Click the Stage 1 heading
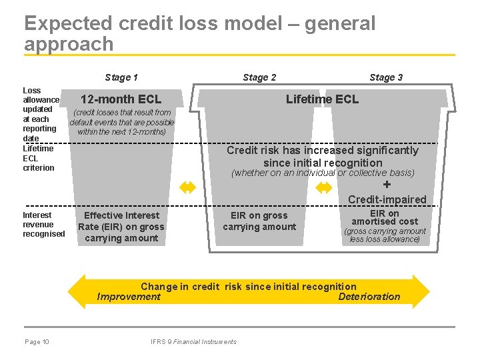[x=121, y=77]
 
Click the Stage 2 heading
[x=259, y=77]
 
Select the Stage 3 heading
[x=386, y=77]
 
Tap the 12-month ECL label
[x=121, y=100]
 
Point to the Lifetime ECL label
[x=322, y=99]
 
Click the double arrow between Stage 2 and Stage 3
[x=323, y=187]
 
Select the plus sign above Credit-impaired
[x=387, y=185]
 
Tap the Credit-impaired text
[x=387, y=199]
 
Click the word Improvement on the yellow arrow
[x=129, y=297]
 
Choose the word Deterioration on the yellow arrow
[x=369, y=297]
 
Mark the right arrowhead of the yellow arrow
[x=421, y=291]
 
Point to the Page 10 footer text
[x=37, y=342]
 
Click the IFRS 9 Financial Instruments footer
[x=193, y=342]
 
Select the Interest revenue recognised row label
[x=44, y=225]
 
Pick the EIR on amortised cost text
[x=385, y=217]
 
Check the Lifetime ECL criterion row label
[x=39, y=158]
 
